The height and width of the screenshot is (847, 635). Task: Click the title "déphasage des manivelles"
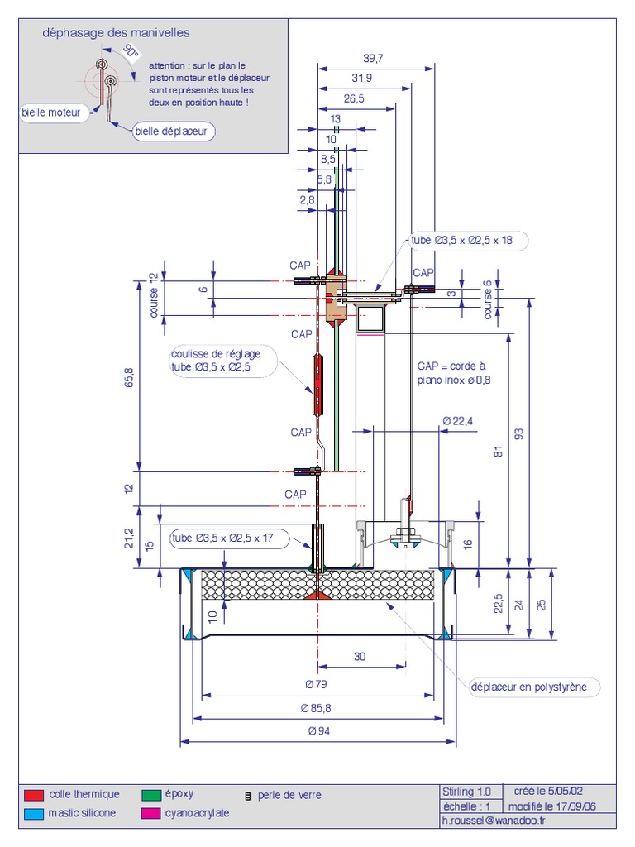pyautogui.click(x=116, y=33)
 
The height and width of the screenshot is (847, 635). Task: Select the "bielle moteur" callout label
pyautogui.click(x=55, y=113)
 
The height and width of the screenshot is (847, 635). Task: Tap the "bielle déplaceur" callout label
pyautogui.click(x=174, y=132)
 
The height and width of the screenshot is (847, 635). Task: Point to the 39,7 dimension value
pyautogui.click(x=374, y=58)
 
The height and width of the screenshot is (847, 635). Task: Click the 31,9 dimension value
pyautogui.click(x=361, y=78)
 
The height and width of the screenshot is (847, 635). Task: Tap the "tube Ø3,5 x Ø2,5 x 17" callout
pyautogui.click(x=224, y=538)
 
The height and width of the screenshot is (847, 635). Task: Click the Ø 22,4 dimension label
pyautogui.click(x=458, y=420)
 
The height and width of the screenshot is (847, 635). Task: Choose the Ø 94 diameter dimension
pyautogui.click(x=318, y=731)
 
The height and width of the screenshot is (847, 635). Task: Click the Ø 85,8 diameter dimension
pyautogui.click(x=318, y=708)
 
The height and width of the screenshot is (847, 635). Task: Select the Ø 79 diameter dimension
pyautogui.click(x=318, y=684)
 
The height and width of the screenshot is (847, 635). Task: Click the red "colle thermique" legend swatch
pyautogui.click(x=34, y=795)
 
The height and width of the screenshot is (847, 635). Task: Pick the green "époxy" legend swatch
pyautogui.click(x=151, y=795)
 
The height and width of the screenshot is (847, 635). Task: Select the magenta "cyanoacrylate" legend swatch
pyautogui.click(x=151, y=814)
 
